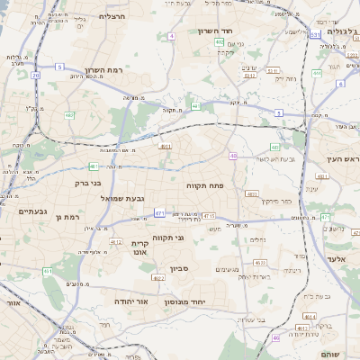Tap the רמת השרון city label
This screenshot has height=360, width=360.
click(103, 70)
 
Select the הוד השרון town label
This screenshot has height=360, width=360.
click(215, 31)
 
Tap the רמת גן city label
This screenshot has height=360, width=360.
click(67, 217)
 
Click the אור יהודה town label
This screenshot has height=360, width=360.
click(131, 301)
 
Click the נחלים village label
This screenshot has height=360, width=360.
click(257, 239)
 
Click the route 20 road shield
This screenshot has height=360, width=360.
click(36, 76)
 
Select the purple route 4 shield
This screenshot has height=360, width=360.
click(171, 36)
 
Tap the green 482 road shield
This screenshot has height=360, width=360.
click(69, 114)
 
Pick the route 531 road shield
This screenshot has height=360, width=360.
click(316, 33)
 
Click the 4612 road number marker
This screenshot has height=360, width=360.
click(115, 241)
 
